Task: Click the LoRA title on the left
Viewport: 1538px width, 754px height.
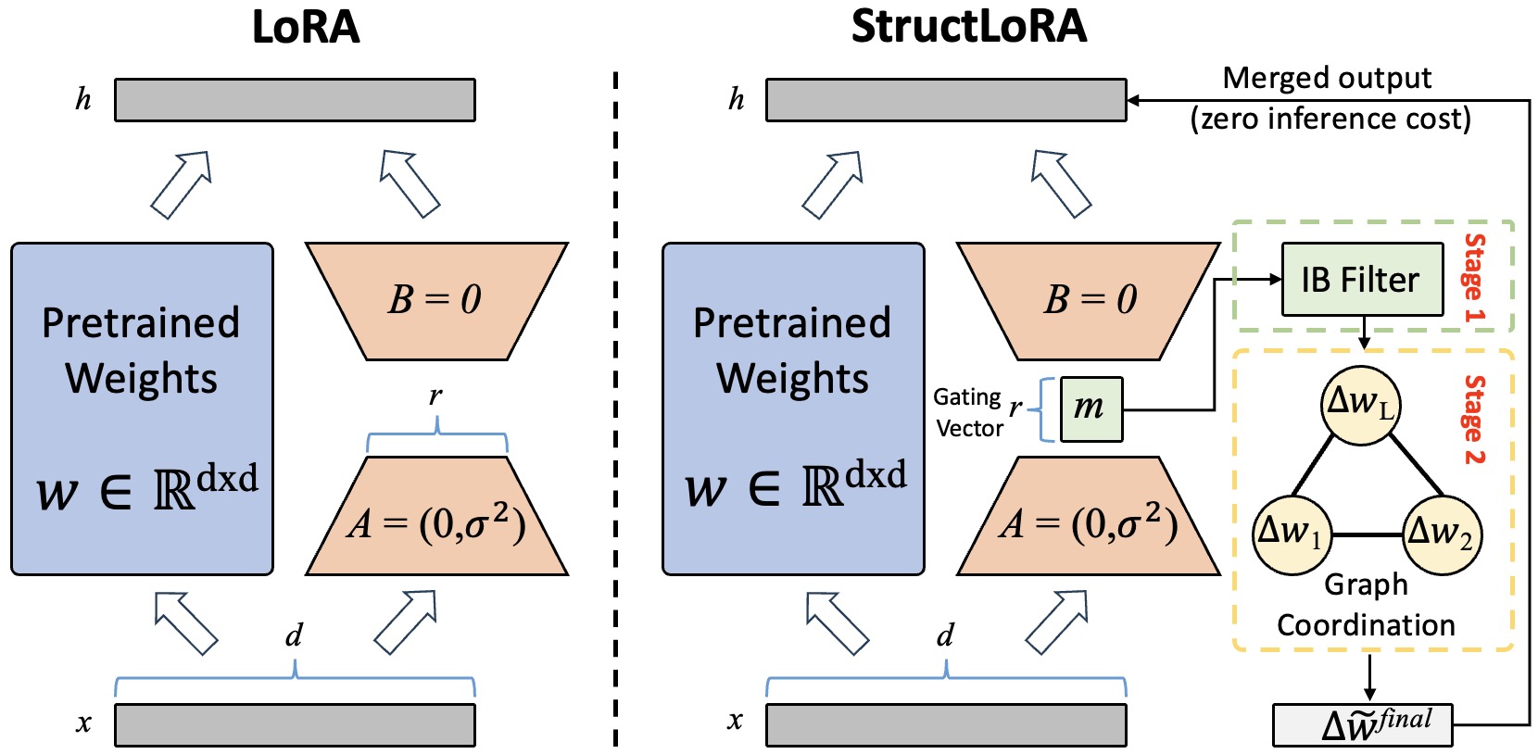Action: coord(306,27)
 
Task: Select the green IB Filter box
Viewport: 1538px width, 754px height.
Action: coord(1361,280)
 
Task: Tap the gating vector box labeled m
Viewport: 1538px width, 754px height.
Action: coord(1090,408)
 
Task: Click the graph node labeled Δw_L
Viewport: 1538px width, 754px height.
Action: coord(1360,405)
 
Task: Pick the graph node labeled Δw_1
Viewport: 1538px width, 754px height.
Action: coord(1292,534)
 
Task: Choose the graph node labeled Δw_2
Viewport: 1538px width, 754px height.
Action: coord(1441,534)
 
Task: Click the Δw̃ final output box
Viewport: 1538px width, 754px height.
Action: coord(1362,724)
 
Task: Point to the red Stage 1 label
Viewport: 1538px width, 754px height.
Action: coord(1473,278)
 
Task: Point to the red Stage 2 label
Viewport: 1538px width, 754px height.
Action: coord(1473,419)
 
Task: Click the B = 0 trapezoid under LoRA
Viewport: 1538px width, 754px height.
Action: coord(435,300)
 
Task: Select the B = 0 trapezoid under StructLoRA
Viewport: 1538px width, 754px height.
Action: coord(1089,300)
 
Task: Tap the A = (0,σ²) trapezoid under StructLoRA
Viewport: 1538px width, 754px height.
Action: coord(1089,522)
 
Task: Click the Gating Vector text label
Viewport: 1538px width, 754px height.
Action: coord(968,412)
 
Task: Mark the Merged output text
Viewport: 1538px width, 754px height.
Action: coord(1327,79)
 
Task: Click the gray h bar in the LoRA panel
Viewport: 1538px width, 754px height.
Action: coord(295,100)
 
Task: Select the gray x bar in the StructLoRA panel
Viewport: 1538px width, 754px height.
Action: coord(945,724)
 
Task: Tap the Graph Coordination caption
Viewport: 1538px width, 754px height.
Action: coord(1366,605)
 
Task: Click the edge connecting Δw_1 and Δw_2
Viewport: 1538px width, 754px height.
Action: coord(1366,534)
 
